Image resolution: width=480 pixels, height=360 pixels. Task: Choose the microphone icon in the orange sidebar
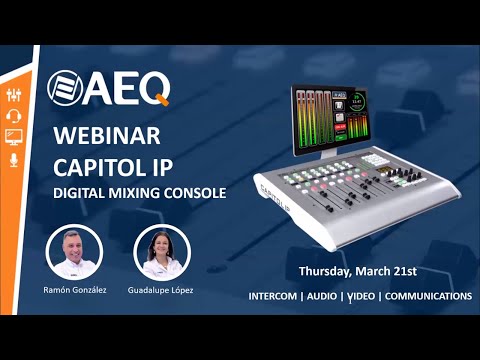click(14, 159)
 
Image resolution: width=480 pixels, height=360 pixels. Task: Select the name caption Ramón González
click(75, 289)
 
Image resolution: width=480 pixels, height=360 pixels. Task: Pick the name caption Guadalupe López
click(162, 289)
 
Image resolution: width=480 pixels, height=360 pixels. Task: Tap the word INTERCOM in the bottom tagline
click(277, 297)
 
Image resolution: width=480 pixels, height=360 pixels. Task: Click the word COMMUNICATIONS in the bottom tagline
click(428, 297)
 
